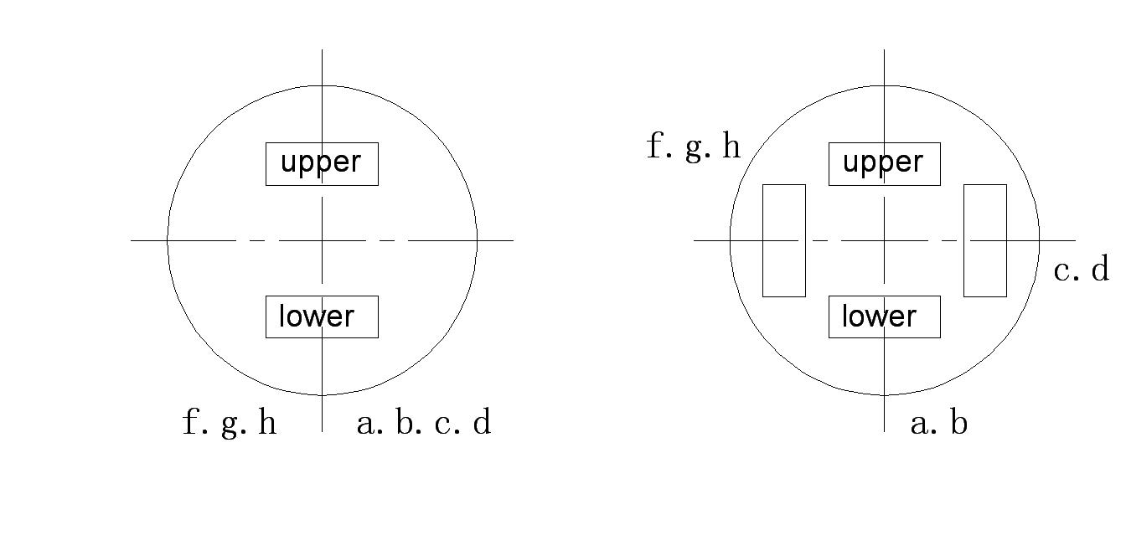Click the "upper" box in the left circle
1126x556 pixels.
[322, 163]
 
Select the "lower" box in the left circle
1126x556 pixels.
[322, 317]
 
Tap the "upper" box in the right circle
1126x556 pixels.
[884, 163]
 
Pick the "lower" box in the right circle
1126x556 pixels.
[884, 317]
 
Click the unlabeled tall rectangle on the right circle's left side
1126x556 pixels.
[783, 240]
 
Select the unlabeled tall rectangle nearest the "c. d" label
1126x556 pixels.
[984, 240]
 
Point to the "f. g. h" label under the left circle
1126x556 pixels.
[230, 423]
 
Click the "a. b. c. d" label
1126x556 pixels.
[424, 423]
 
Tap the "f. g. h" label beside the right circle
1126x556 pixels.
[694, 147]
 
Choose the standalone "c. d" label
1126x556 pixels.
[1081, 270]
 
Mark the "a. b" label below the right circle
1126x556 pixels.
[938, 423]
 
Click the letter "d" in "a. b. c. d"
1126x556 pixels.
[482, 423]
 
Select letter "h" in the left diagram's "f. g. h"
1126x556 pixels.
[267, 423]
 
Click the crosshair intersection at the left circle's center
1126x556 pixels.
[322, 240]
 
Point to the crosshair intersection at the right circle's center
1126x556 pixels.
[884, 240]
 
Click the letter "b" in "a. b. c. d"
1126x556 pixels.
[405, 423]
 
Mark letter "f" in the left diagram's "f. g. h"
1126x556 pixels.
[191, 423]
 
